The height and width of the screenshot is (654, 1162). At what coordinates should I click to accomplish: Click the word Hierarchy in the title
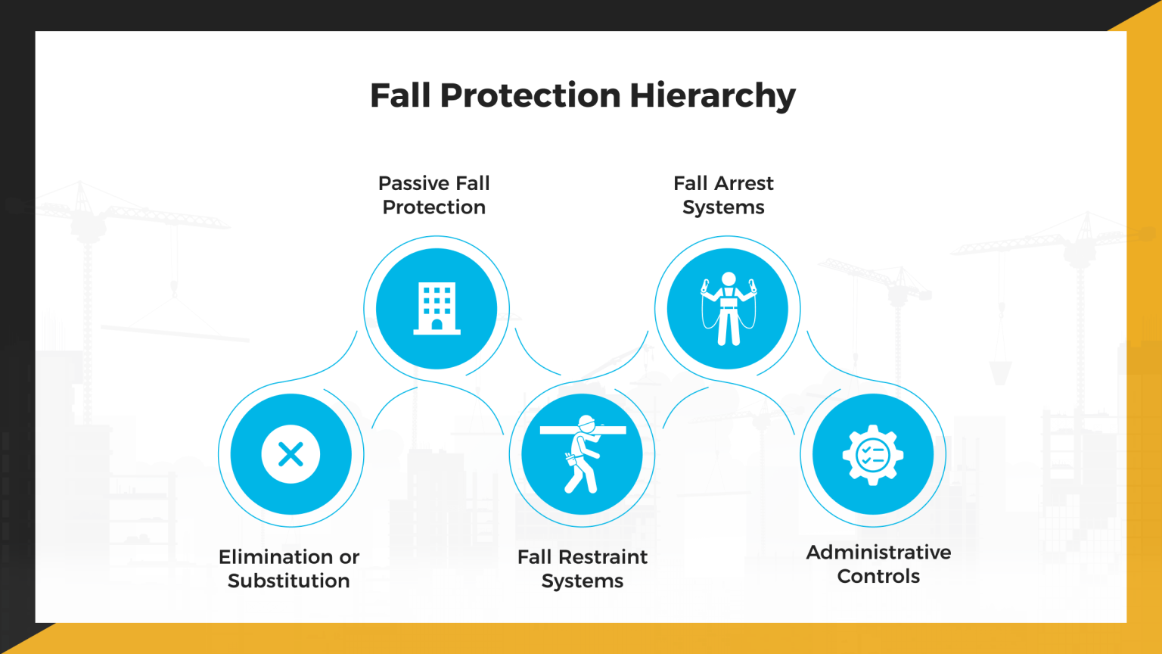(712, 96)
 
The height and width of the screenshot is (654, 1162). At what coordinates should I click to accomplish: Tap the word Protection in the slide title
(530, 95)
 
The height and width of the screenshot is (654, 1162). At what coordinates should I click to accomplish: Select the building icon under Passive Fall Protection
(437, 308)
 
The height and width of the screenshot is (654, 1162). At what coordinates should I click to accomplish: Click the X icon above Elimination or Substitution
(290, 454)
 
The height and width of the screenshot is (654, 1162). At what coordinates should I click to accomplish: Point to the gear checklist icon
(873, 455)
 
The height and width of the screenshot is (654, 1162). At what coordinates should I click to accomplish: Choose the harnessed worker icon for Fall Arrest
(728, 309)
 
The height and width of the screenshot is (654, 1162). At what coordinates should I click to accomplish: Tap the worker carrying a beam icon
(582, 454)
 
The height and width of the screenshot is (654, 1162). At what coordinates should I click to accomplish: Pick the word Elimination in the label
(276, 557)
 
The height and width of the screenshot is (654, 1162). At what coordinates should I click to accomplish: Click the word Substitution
(289, 581)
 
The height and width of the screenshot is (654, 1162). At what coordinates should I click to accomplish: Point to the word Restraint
(603, 557)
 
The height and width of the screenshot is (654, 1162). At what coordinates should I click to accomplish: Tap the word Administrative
(878, 553)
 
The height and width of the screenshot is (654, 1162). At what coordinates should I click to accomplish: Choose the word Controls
(878, 576)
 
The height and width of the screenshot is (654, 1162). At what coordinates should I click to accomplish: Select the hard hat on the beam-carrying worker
(586, 421)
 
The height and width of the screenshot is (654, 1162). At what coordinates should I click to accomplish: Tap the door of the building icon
(437, 325)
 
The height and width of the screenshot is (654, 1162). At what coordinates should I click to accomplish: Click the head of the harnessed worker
(729, 279)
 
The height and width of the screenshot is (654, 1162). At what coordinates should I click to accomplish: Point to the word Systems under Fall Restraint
(583, 581)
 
